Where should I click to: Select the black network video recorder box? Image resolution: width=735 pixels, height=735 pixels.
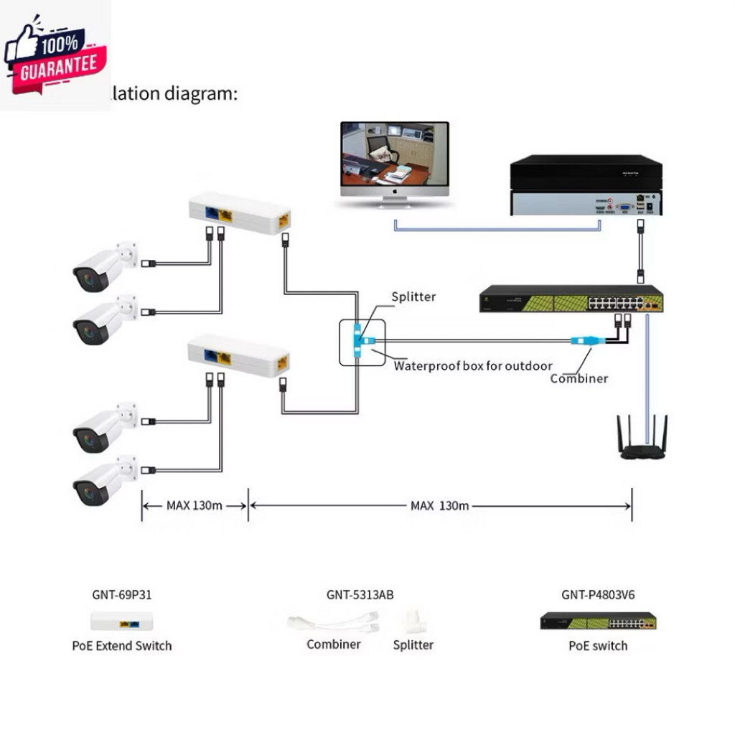pyautogui.click(x=586, y=184)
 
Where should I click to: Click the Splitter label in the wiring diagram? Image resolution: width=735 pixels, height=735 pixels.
pyautogui.click(x=413, y=296)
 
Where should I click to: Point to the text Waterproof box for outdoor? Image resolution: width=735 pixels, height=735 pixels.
pyautogui.click(x=472, y=366)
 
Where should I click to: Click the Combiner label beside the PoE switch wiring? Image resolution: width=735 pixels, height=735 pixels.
pyautogui.click(x=579, y=378)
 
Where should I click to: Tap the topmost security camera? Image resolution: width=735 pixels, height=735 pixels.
pyautogui.click(x=105, y=267)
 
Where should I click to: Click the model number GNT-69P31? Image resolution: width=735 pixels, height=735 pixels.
pyautogui.click(x=122, y=594)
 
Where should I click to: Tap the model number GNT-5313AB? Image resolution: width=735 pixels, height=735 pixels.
pyautogui.click(x=360, y=594)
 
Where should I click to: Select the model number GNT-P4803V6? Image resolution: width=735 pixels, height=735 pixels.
pyautogui.click(x=598, y=594)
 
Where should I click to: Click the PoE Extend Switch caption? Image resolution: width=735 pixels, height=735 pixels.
pyautogui.click(x=122, y=645)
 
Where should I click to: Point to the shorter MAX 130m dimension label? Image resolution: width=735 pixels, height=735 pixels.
pyautogui.click(x=195, y=505)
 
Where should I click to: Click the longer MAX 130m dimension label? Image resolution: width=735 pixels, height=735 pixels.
pyautogui.click(x=439, y=505)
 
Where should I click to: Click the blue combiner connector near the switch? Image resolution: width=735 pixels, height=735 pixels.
pyautogui.click(x=583, y=342)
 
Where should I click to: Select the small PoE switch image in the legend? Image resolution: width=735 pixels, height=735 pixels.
pyautogui.click(x=598, y=621)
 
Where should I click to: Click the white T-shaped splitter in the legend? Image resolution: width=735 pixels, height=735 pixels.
pyautogui.click(x=413, y=622)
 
